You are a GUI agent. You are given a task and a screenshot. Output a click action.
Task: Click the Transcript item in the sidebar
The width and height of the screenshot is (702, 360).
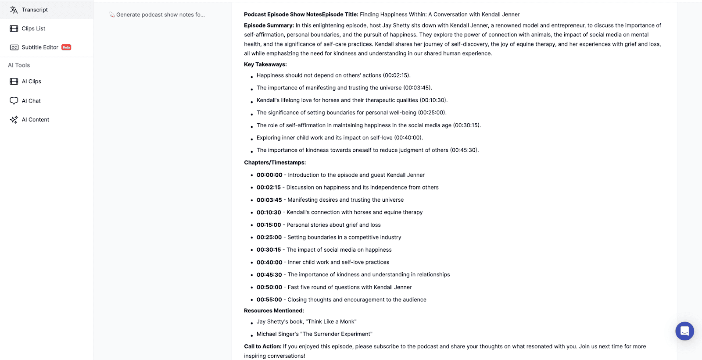coord(34,10)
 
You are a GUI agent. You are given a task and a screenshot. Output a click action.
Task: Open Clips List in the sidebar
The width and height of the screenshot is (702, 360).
coord(33,29)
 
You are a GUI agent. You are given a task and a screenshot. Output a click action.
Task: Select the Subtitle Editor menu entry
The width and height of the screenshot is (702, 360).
coord(39,47)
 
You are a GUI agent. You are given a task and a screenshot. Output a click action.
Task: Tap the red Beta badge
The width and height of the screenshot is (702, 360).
coord(66,47)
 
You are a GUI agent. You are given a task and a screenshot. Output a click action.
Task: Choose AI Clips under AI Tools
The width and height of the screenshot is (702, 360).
coord(31,82)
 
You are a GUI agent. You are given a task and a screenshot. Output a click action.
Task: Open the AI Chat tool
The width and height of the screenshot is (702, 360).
coord(31,101)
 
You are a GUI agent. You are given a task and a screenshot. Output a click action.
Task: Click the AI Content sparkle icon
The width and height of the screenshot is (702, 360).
coord(14,120)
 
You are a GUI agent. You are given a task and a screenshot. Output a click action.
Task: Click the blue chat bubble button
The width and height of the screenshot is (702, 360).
coord(684,331)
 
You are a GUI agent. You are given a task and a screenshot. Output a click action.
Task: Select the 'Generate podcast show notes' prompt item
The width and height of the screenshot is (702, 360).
coord(160,15)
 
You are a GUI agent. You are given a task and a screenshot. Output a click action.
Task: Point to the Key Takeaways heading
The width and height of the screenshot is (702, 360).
coord(265,64)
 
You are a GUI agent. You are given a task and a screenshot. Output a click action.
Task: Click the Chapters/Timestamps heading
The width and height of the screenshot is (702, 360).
coord(275,163)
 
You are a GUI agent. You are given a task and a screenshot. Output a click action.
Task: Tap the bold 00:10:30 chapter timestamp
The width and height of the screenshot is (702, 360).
coord(269,212)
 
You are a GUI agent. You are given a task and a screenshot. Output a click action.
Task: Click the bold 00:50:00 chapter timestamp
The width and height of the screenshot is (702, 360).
coord(269,287)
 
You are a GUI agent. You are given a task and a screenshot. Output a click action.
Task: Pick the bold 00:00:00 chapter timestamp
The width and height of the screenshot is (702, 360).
coord(269,175)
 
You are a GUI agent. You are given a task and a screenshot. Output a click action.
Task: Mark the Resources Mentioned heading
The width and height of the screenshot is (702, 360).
coord(274,310)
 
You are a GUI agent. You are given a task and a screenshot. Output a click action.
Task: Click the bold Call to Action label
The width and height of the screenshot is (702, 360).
coord(262,346)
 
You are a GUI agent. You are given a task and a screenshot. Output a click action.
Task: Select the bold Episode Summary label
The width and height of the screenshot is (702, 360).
coord(269,25)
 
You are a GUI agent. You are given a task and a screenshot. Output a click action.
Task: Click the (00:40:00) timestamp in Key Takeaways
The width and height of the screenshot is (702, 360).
coord(408,138)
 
